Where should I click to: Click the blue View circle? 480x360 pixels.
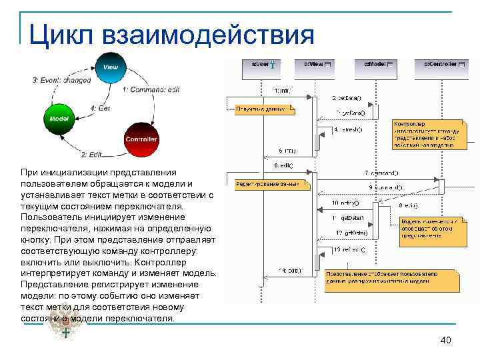110,68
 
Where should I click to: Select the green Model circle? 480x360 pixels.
55,118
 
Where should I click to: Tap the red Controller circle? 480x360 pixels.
141,138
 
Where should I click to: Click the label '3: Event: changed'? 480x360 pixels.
61,80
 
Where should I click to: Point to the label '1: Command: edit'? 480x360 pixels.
151,89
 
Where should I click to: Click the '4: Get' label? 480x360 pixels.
100,108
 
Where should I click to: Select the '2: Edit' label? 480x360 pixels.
93,154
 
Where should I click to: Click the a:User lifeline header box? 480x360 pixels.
263,65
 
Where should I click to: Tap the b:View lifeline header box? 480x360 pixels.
317,65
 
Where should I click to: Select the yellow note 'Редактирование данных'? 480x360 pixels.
271,183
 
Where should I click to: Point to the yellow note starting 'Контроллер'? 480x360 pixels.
425,134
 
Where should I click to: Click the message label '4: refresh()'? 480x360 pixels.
347,130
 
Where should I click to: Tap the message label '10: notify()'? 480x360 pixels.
345,203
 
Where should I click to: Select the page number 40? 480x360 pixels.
446,341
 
